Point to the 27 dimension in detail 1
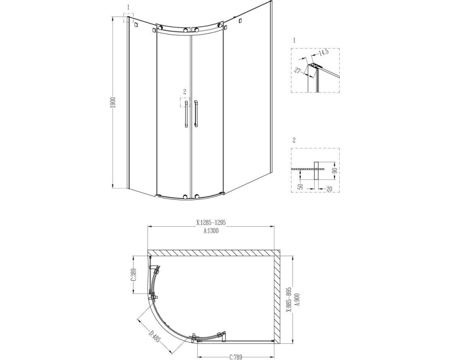click(297, 71)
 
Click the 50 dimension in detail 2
click(300, 185)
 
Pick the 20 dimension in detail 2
click(329, 189)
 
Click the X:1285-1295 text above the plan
click(211, 222)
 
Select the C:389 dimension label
click(133, 275)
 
